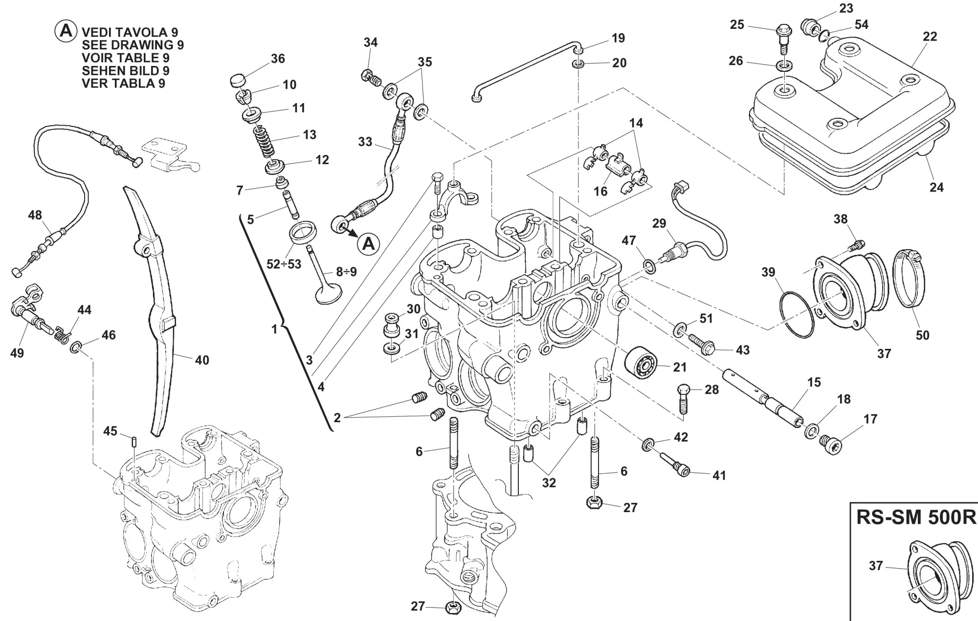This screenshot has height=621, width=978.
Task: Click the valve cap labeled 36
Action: (x=237, y=80)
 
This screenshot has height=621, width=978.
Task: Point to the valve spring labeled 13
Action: (x=265, y=142)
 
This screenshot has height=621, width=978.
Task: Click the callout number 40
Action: (x=202, y=361)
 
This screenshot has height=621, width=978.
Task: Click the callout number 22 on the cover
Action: (x=930, y=37)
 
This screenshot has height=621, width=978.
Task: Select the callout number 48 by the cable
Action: (x=35, y=215)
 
